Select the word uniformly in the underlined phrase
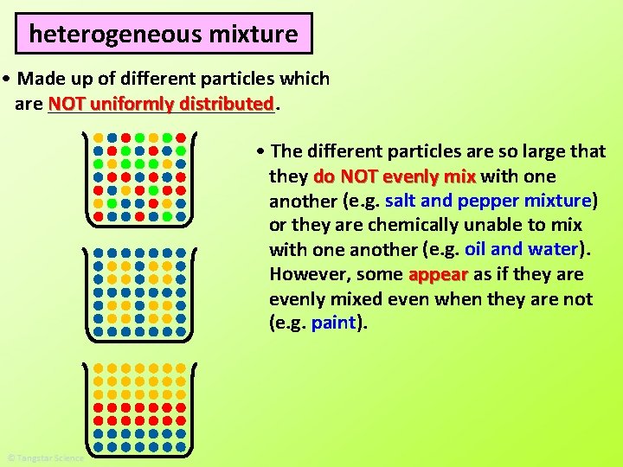(x=132, y=105)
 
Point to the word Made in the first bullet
(x=40, y=80)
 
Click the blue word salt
(x=401, y=201)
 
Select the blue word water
(x=554, y=250)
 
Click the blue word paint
(x=333, y=323)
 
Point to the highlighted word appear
(x=438, y=275)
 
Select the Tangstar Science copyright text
(x=45, y=458)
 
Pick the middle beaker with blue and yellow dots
(x=139, y=294)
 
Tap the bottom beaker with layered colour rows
(x=139, y=407)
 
